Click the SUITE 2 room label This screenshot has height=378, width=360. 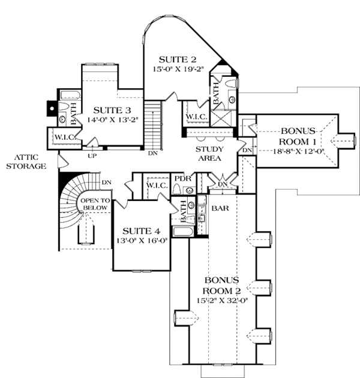click(x=177, y=59)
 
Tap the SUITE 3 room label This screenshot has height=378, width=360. click(x=112, y=110)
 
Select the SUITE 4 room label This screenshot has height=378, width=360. click(x=140, y=230)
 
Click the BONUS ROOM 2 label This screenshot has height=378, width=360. click(x=221, y=286)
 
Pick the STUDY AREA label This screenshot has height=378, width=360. click(x=209, y=154)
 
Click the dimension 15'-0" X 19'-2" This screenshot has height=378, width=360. click(x=177, y=69)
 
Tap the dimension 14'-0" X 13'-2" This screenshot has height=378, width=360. click(x=112, y=119)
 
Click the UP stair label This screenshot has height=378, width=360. click(x=93, y=155)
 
